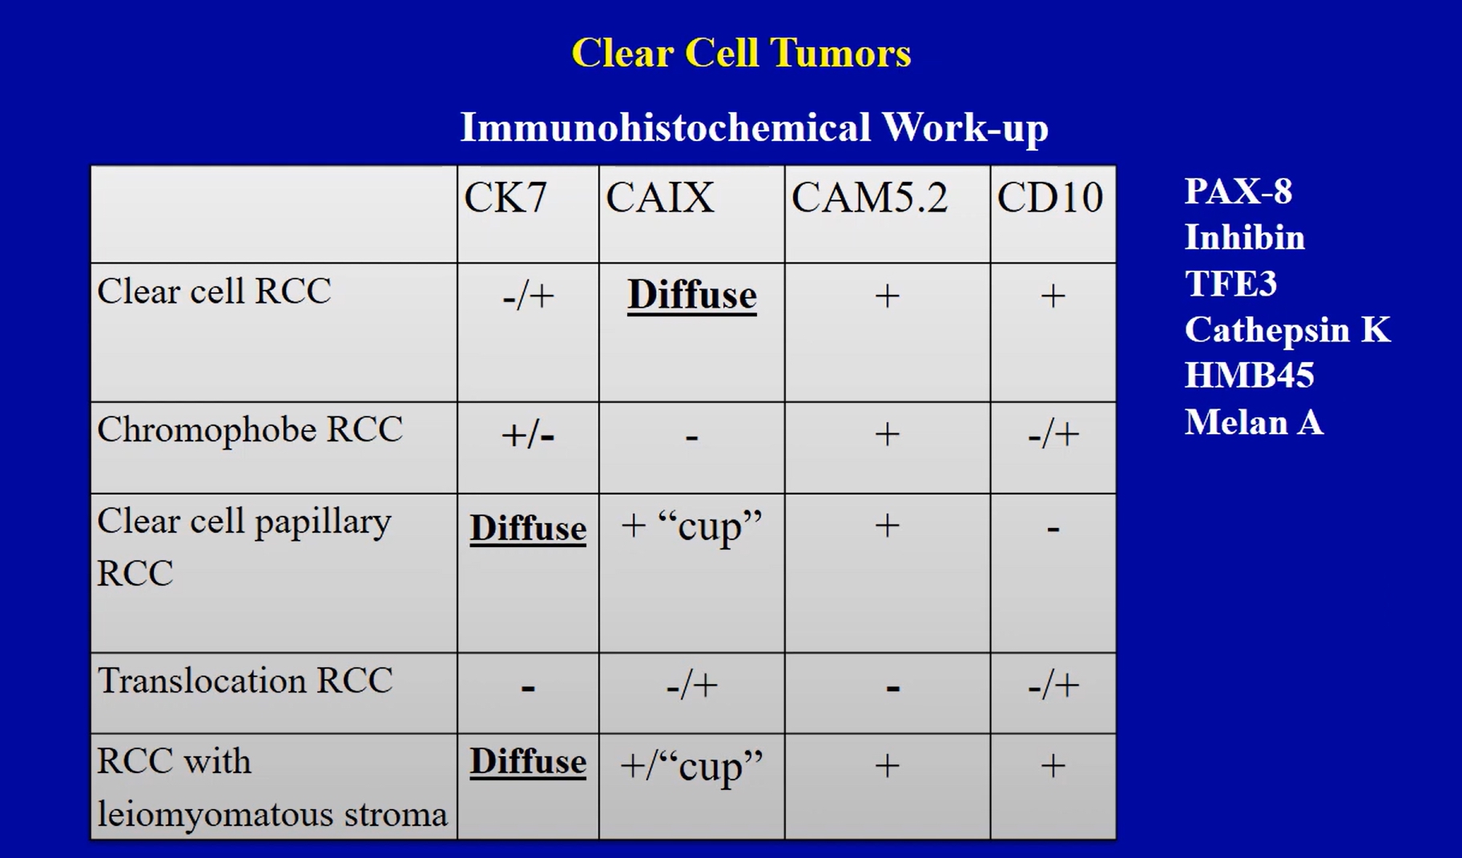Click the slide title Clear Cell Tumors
pos(741,54)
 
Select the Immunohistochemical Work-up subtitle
pos(754,128)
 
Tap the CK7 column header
pos(505,197)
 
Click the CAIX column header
pos(659,197)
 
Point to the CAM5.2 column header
pos(869,197)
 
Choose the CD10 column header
pos(1049,197)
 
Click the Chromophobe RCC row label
pos(250,430)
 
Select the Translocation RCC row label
pos(245,681)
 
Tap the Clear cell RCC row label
pos(214,291)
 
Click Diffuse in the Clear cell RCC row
pos(691,295)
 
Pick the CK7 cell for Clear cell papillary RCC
pos(528,529)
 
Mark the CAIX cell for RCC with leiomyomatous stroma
pos(691,767)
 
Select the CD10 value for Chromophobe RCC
pos(1053,435)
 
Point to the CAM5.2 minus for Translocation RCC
pos(892,687)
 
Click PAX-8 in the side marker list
pos(1238,191)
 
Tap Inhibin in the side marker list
pos(1245,238)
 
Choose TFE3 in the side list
pos(1230,284)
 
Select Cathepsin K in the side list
pos(1287,330)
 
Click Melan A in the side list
pos(1254,422)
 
